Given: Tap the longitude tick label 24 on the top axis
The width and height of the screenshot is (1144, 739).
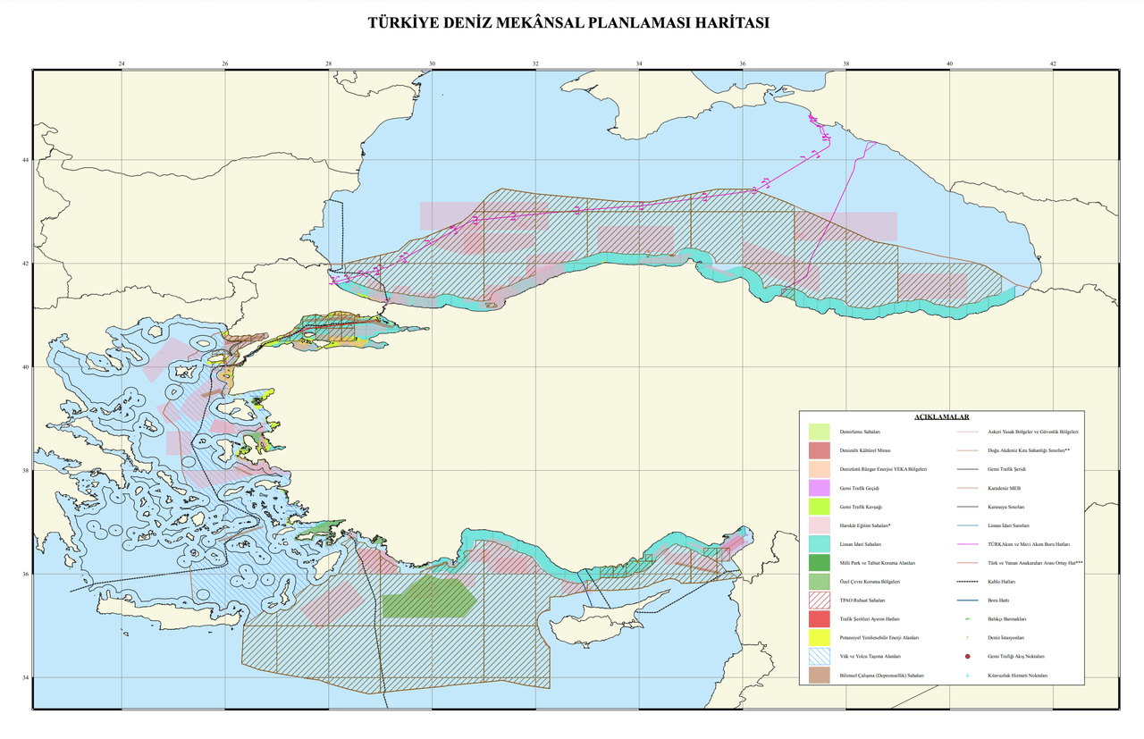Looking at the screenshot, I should click(122, 63).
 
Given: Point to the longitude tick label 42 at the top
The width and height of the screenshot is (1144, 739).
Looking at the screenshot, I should click(1053, 63).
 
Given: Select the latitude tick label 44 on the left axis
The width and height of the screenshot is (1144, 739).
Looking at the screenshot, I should click(25, 160).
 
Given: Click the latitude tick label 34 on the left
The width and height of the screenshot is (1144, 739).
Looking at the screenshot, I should click(25, 677).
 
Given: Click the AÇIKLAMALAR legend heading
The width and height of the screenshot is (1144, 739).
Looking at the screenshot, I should click(941, 417).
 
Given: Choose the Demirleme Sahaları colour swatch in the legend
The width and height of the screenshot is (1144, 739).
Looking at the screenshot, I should click(819, 432).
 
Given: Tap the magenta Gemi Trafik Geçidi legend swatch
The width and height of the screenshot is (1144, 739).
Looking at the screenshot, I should click(819, 488).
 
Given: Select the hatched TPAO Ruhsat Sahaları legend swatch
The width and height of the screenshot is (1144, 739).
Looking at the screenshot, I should click(819, 600).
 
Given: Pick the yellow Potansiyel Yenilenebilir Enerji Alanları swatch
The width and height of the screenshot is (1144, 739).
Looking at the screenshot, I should click(819, 638).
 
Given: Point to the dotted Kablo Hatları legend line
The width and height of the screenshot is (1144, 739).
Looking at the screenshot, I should click(969, 582).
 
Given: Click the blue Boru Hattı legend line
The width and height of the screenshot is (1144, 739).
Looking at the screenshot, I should click(969, 600).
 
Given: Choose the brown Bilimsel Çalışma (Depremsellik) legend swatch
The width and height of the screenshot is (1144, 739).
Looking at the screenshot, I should click(819, 676).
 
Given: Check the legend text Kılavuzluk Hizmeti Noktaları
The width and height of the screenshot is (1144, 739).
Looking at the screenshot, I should click(1017, 676).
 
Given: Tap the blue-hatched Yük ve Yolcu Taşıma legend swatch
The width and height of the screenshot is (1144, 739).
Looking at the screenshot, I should click(819, 657).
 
